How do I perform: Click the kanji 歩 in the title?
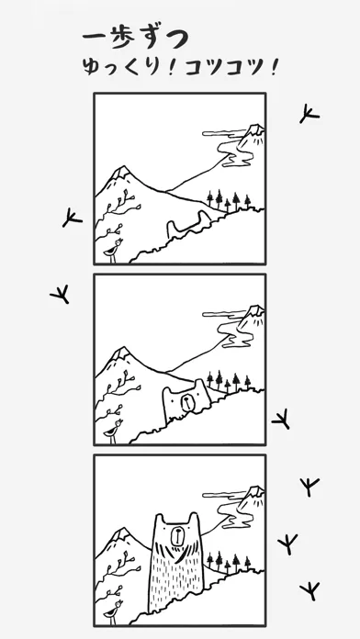click(124, 38)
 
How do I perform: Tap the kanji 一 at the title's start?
click(95, 36)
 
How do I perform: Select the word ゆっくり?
click(120, 67)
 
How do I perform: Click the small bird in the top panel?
click(113, 251)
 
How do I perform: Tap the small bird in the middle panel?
click(113, 431)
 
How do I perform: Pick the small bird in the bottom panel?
click(113, 611)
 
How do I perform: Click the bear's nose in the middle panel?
click(186, 403)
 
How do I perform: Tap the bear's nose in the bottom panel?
click(177, 536)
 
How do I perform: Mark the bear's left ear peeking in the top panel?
click(171, 227)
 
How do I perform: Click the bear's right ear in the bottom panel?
click(193, 518)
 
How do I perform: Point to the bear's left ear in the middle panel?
click(168, 391)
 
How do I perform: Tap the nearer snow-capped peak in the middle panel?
click(120, 354)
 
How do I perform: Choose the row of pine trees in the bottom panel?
click(229, 562)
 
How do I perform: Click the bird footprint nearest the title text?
click(309, 114)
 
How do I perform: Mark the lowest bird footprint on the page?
click(309, 590)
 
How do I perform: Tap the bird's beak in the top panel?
click(121, 241)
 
